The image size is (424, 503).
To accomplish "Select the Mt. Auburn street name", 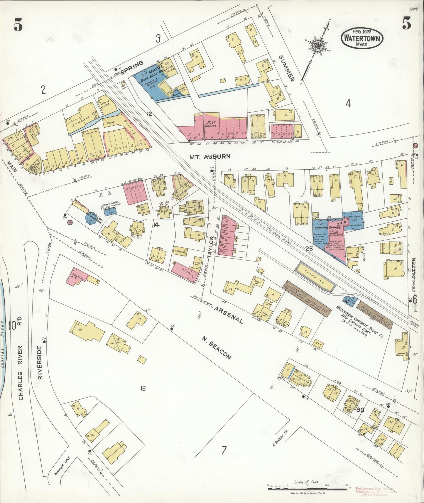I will pos(210,157).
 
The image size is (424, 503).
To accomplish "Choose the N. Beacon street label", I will pos(217,347).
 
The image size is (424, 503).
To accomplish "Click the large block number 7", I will pos(224,458).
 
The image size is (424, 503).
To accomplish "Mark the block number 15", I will pos(143,389).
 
